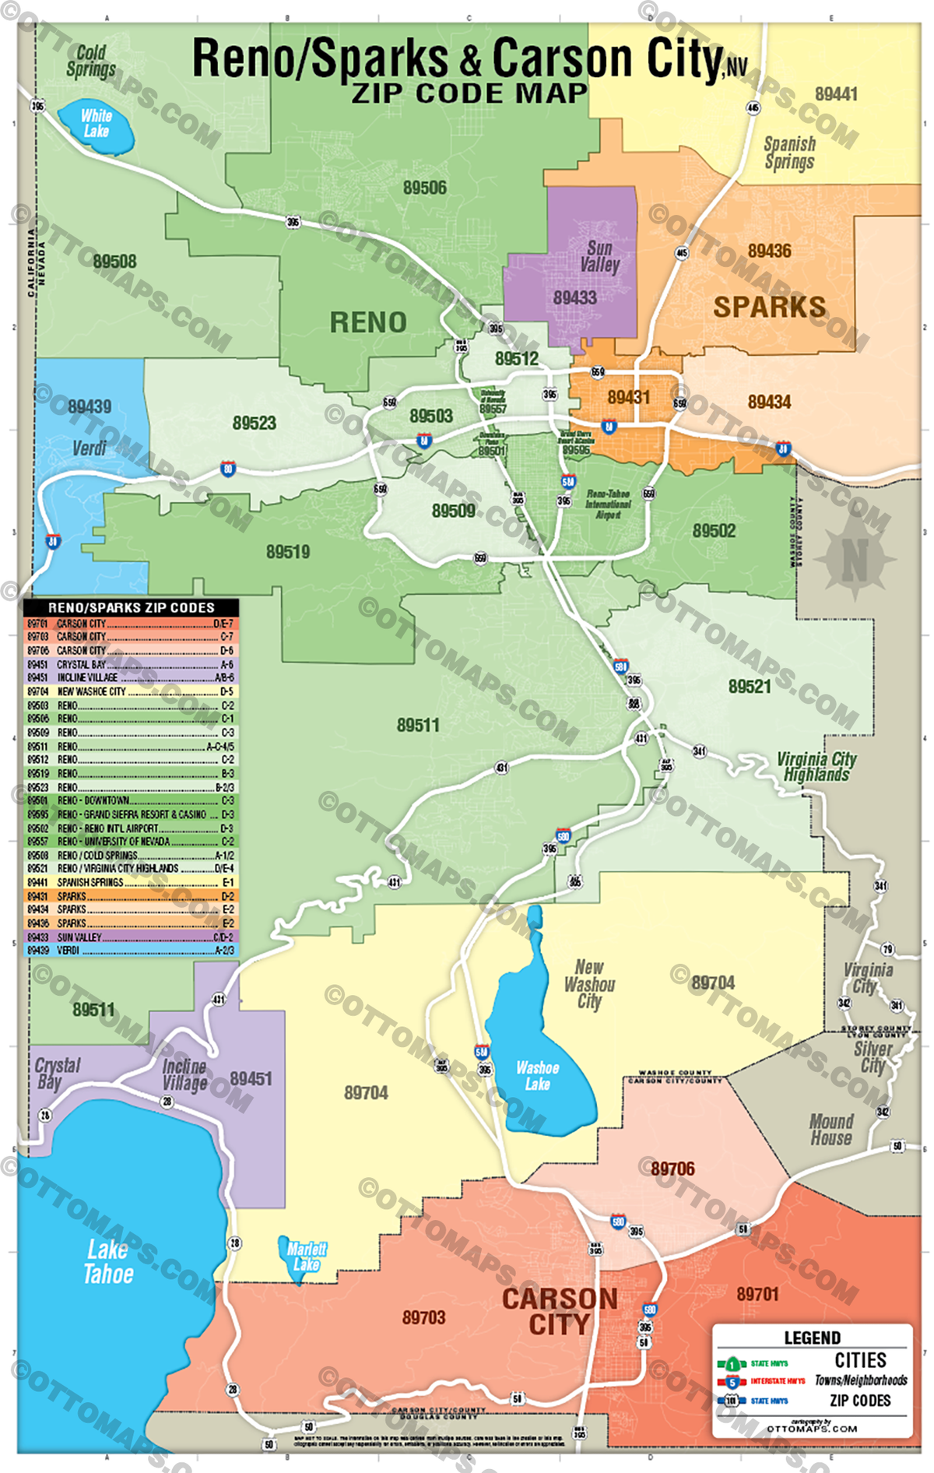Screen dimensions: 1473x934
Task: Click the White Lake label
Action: pyautogui.click(x=96, y=123)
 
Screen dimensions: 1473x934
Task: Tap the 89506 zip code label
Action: pyautogui.click(x=425, y=188)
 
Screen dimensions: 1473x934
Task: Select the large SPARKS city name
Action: pyautogui.click(x=769, y=307)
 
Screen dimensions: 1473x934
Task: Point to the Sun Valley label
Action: pyautogui.click(x=599, y=256)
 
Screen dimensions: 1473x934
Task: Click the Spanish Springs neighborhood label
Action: pyautogui.click(x=789, y=153)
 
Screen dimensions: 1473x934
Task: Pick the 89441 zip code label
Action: pyautogui.click(x=836, y=94)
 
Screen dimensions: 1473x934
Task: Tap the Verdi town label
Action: pyautogui.click(x=89, y=448)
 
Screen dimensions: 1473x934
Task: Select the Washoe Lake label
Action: pyautogui.click(x=537, y=1076)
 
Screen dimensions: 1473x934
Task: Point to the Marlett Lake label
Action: pyautogui.click(x=307, y=1256)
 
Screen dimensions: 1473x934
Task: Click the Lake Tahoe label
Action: pyautogui.click(x=108, y=1262)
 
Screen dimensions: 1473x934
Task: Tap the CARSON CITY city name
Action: pyautogui.click(x=560, y=1311)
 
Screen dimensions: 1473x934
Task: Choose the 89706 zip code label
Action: pyautogui.click(x=672, y=1169)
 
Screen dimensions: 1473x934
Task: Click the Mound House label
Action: pyautogui.click(x=831, y=1130)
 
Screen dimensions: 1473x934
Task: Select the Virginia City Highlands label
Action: pyautogui.click(x=816, y=767)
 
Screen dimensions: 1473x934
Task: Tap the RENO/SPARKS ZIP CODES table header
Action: pyautogui.click(x=131, y=607)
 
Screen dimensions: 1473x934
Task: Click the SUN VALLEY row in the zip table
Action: pyautogui.click(x=131, y=937)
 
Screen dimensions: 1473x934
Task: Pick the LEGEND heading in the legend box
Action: pyautogui.click(x=812, y=1338)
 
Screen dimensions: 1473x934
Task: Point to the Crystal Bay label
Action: pyautogui.click(x=57, y=1073)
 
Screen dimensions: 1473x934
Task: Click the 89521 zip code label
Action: pyautogui.click(x=749, y=686)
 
